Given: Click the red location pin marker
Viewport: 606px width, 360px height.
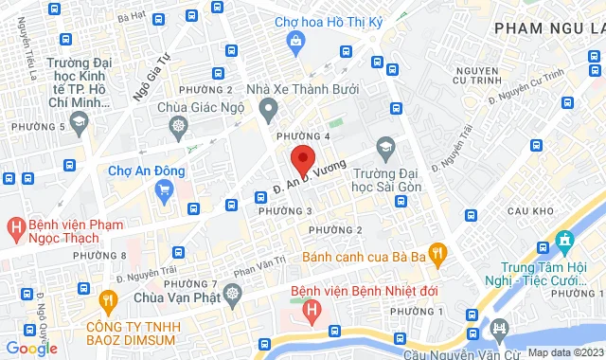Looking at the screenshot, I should pyautogui.click(x=302, y=157).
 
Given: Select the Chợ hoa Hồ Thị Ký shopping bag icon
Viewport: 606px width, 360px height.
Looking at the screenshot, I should pyautogui.click(x=297, y=41).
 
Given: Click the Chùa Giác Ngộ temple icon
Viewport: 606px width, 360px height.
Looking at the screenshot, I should pyautogui.click(x=177, y=126).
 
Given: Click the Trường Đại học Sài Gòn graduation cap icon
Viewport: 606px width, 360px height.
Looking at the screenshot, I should pyautogui.click(x=384, y=148).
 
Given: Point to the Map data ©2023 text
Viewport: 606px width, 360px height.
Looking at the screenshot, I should pyautogui.click(x=565, y=352).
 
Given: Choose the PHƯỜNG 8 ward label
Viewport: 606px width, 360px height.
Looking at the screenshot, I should pyautogui.click(x=98, y=256).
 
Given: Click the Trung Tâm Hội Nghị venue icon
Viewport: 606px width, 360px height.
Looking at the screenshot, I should pyautogui.click(x=566, y=239).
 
